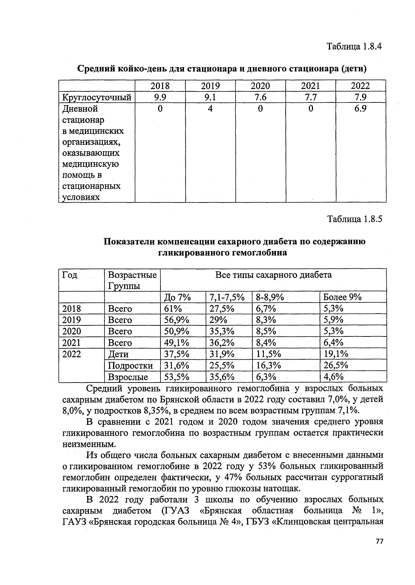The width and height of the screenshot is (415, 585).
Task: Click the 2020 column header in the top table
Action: pyautogui.click(x=260, y=86)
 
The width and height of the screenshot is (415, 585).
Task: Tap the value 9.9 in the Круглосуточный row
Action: pyautogui.click(x=160, y=97)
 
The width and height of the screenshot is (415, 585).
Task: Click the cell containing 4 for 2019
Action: pyautogui.click(x=210, y=109)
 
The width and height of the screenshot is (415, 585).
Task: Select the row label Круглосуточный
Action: pyautogui.click(x=96, y=97)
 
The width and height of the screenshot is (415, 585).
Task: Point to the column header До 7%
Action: pyautogui.click(x=177, y=297)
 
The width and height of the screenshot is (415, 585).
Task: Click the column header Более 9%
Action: pyautogui.click(x=342, y=297)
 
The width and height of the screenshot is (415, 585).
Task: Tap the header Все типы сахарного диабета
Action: pyautogui.click(x=273, y=275)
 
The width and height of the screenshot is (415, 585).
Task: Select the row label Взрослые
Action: pyautogui.click(x=128, y=377)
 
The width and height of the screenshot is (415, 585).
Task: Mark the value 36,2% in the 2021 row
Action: pyautogui.click(x=222, y=343)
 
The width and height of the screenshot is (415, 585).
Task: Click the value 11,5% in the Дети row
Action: pyautogui.click(x=268, y=354)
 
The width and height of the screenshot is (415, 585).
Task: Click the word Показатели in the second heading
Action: pyautogui.click(x=132, y=242)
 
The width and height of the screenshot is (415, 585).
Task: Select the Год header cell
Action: pyautogui.click(x=70, y=275)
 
